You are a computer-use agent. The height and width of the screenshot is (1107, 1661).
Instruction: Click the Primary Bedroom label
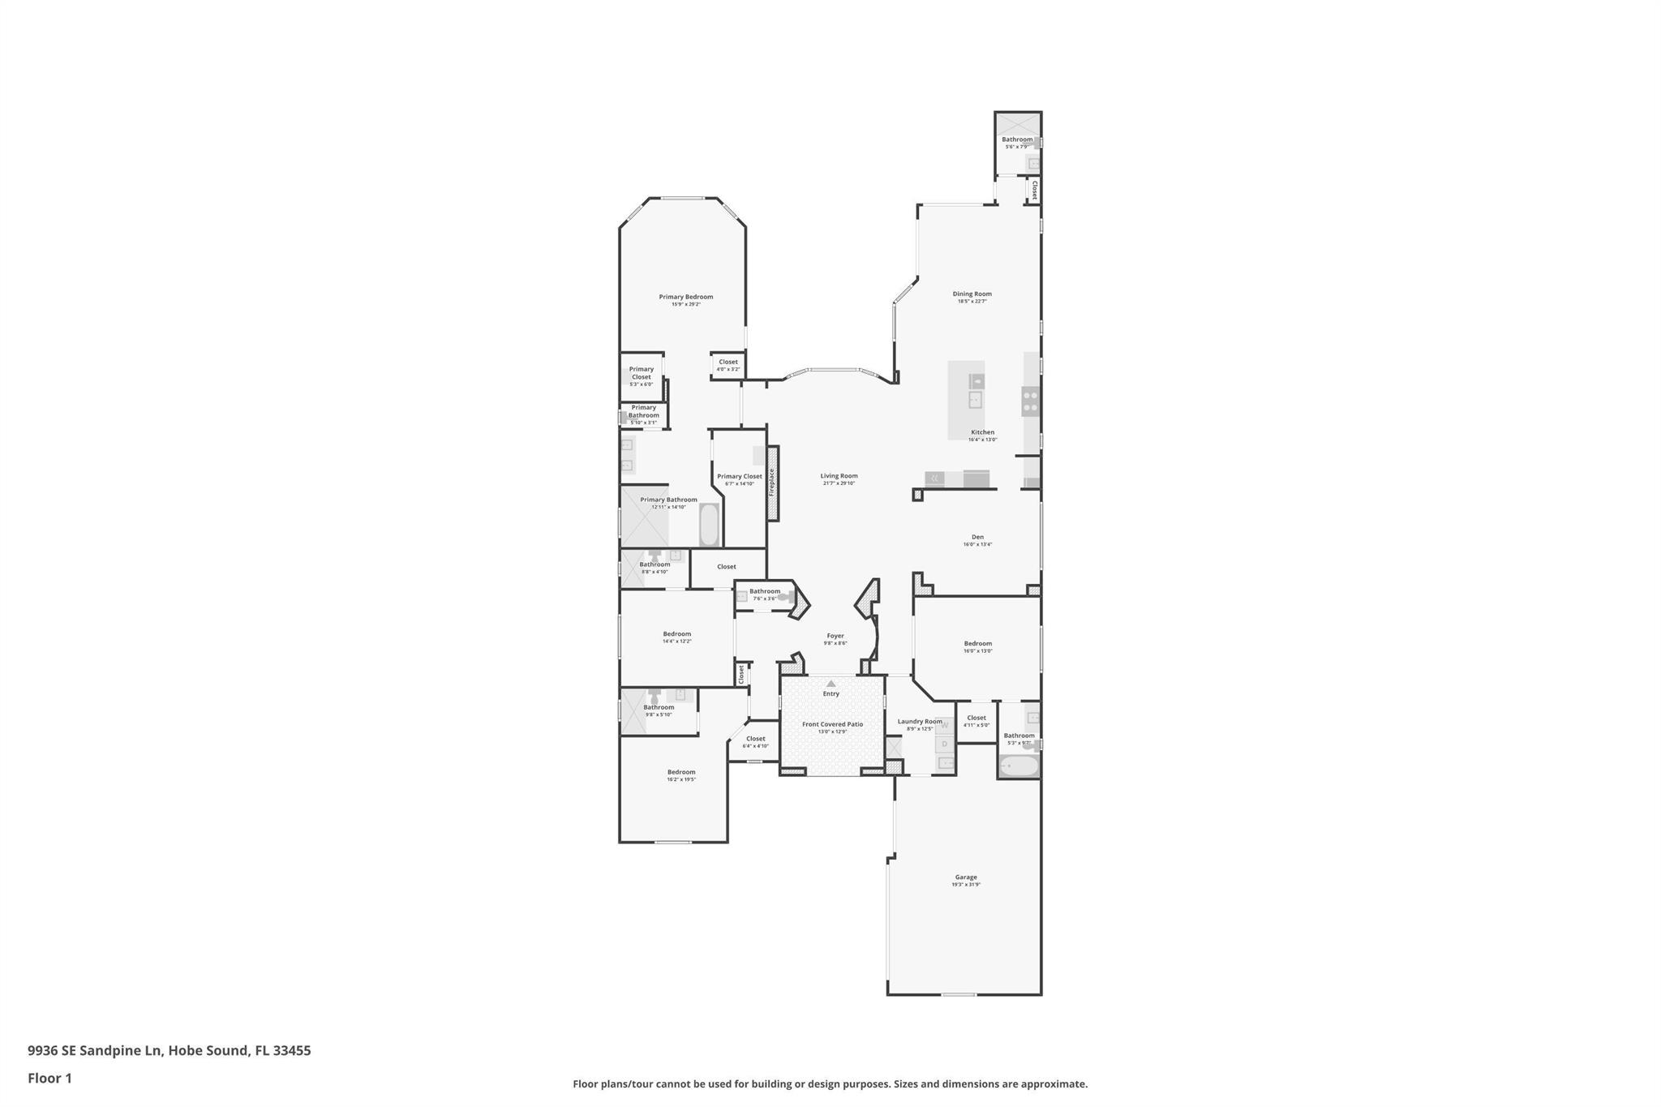[685, 298]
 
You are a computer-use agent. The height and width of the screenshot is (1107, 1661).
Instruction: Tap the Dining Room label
[972, 294]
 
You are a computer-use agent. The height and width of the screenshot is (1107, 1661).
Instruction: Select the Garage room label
[965, 877]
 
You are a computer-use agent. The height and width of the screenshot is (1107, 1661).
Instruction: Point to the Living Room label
[839, 477]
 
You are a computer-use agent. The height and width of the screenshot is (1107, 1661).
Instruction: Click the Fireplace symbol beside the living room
[773, 483]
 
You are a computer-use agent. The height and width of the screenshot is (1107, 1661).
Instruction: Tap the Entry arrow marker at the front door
[830, 684]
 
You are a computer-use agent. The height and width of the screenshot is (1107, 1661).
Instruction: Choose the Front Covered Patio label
[832, 724]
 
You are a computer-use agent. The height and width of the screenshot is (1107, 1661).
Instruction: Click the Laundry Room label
[920, 722]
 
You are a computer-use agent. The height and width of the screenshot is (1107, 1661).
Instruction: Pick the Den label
[977, 538]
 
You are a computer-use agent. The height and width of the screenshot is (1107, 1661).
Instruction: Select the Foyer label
[835, 637]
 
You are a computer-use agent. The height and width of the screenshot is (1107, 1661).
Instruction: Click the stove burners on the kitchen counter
[1030, 401]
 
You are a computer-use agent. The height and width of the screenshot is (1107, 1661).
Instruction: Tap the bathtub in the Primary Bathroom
[709, 526]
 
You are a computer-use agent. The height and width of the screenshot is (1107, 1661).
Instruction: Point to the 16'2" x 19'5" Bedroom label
[681, 773]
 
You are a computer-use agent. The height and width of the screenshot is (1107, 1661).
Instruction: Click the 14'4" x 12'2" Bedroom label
[676, 635]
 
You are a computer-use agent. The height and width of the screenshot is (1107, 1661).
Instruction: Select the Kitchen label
[982, 433]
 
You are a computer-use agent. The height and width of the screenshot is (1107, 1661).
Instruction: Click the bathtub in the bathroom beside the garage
[1018, 766]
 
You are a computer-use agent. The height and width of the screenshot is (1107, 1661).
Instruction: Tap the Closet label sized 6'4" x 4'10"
[755, 740]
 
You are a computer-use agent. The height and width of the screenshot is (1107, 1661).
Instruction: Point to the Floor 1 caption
[49, 1078]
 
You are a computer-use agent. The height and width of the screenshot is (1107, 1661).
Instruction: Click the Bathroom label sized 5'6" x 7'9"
[1016, 140]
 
